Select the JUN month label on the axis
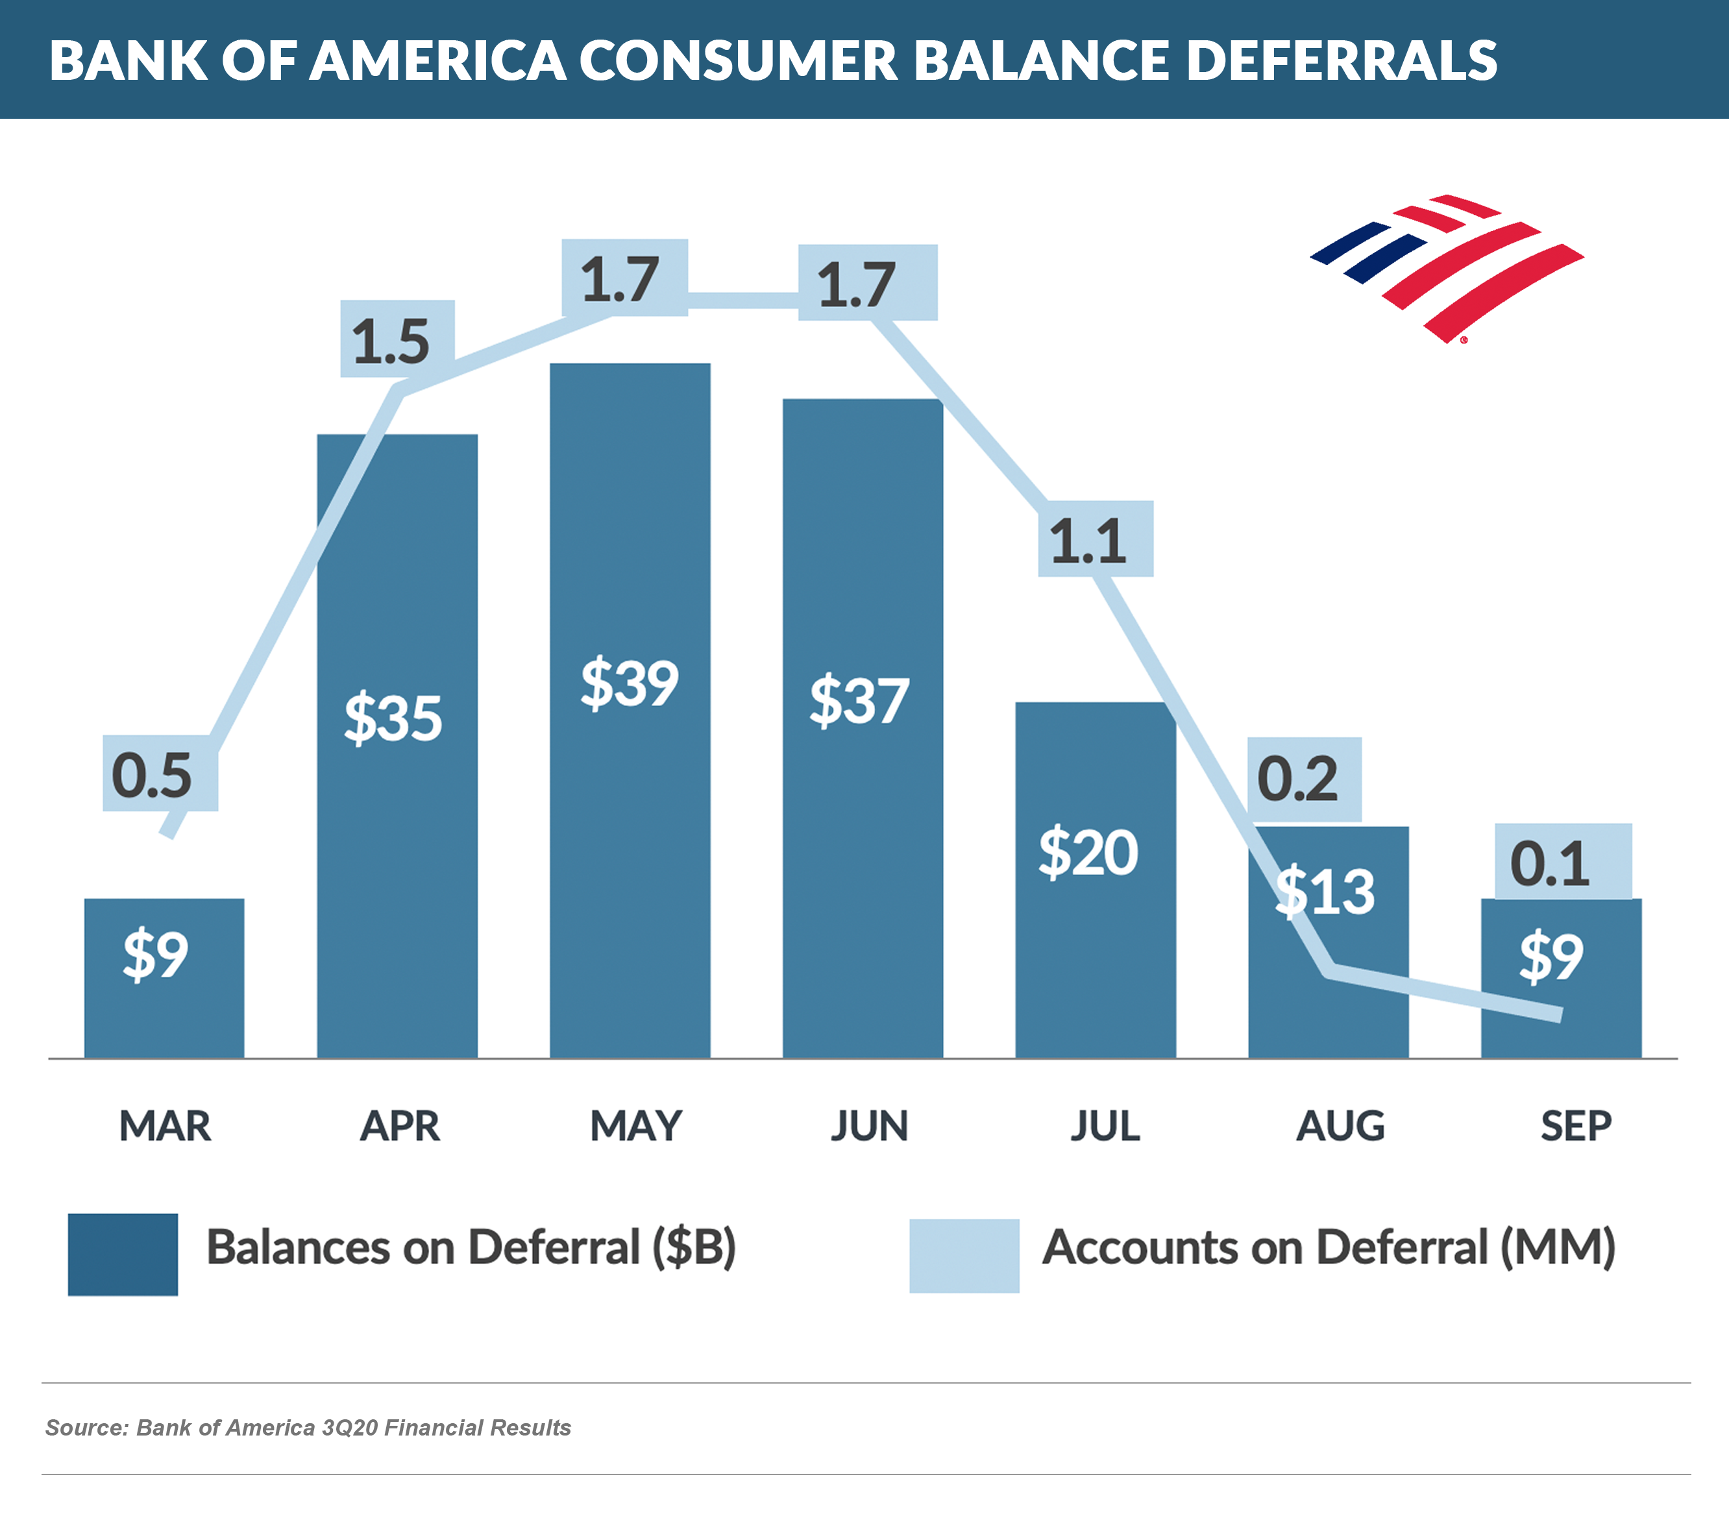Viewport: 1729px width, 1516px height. click(869, 1126)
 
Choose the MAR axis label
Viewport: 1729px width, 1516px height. click(165, 1126)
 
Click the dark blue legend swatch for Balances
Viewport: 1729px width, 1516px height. click(123, 1254)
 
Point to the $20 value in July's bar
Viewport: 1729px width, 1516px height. click(1088, 853)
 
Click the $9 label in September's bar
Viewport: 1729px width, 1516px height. click(1551, 957)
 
